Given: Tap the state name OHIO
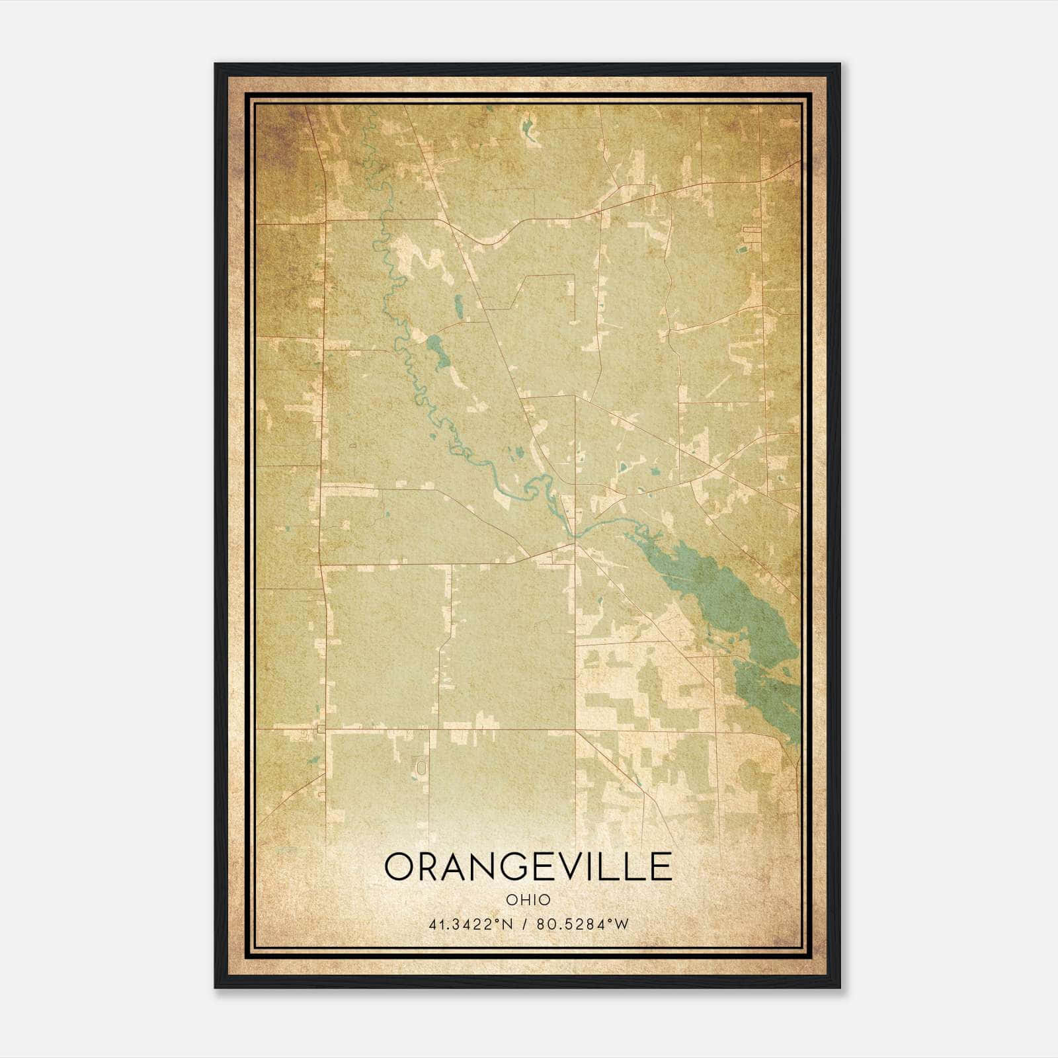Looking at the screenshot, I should point(528,900).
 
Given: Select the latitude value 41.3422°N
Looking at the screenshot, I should point(471,924).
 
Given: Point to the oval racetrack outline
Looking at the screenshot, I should point(421,767).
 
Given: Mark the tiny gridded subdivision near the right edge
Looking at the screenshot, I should point(753,232).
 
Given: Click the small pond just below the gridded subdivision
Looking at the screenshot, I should point(742,250).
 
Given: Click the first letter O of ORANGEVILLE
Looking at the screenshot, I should point(399,867).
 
